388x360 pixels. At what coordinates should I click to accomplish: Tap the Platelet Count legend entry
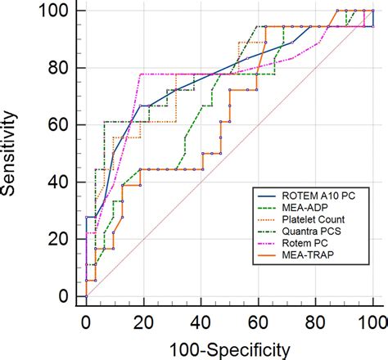[x=310, y=219]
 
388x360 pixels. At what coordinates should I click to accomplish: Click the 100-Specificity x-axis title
[x=230, y=349]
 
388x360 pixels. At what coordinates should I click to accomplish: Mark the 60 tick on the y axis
[x=60, y=125]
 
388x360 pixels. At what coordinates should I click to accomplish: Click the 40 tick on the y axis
[x=60, y=182]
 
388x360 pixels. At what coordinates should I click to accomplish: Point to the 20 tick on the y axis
[x=60, y=239]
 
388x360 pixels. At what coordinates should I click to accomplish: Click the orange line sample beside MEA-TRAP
[x=267, y=256]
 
